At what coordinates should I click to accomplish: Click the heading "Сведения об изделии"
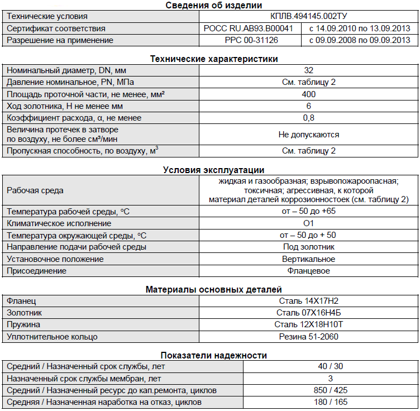[214, 6]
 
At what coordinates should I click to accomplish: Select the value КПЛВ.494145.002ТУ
[308, 17]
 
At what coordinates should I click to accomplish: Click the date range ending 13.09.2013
[359, 28]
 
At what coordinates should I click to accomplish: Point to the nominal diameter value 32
[308, 70]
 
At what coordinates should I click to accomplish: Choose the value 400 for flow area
[308, 94]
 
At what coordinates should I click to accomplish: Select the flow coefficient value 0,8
[308, 118]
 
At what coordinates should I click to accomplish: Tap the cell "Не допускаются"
[308, 135]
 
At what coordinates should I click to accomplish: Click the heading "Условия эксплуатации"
[214, 170]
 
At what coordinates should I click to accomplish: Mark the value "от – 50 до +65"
[308, 212]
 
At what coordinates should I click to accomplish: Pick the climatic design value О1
[308, 223]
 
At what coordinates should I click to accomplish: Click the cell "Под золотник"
[308, 247]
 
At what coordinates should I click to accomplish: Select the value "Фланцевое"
[308, 271]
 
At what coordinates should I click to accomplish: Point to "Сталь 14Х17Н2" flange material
[308, 301]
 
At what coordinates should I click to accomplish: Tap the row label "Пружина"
[23, 324]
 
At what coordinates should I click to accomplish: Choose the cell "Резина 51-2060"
[308, 337]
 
